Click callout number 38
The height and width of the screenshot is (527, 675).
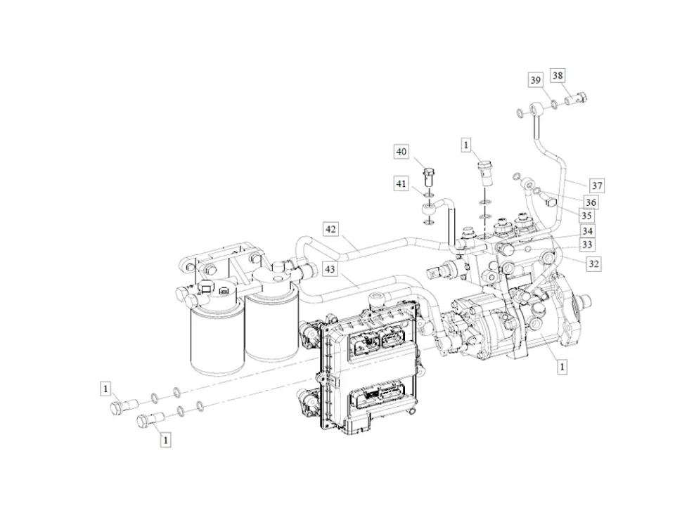tap(558, 75)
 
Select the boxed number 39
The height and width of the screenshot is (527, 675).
tap(536, 81)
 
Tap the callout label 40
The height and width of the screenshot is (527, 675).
tap(401, 152)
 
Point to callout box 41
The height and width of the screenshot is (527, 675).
tap(401, 184)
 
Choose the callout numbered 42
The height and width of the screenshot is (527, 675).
tap(331, 228)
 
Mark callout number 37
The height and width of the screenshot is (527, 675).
tap(596, 186)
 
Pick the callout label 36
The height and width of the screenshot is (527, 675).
tap(591, 202)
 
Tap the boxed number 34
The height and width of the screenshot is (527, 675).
tap(586, 231)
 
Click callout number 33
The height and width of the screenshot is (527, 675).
tap(586, 245)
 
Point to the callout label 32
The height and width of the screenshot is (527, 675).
tap(594, 264)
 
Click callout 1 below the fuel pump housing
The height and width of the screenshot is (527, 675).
tap(562, 366)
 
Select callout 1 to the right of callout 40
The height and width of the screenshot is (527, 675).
tap(465, 145)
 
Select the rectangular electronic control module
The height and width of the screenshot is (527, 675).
tap(366, 365)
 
